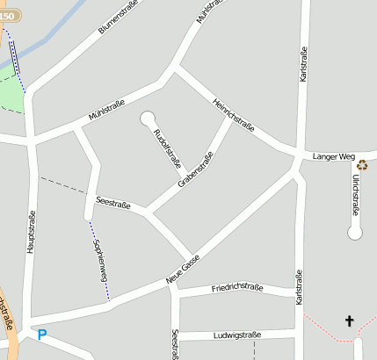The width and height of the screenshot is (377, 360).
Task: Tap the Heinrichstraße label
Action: point(234,115)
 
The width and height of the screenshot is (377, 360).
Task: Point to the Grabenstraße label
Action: point(196,170)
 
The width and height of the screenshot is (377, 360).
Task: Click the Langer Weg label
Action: point(331,156)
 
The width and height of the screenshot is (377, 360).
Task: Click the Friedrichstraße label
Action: point(238,288)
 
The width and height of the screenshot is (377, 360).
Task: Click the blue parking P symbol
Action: point(41,335)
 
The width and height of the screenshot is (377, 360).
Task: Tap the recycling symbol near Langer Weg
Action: point(362,164)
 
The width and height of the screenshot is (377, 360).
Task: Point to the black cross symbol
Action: point(349,321)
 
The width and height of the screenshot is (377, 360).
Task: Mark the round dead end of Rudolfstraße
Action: point(146,117)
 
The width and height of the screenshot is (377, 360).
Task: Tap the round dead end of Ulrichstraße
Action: point(355,233)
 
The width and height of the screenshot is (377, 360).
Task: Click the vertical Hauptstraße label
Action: point(31,233)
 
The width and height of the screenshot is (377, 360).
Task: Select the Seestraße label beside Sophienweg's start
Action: point(113,204)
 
